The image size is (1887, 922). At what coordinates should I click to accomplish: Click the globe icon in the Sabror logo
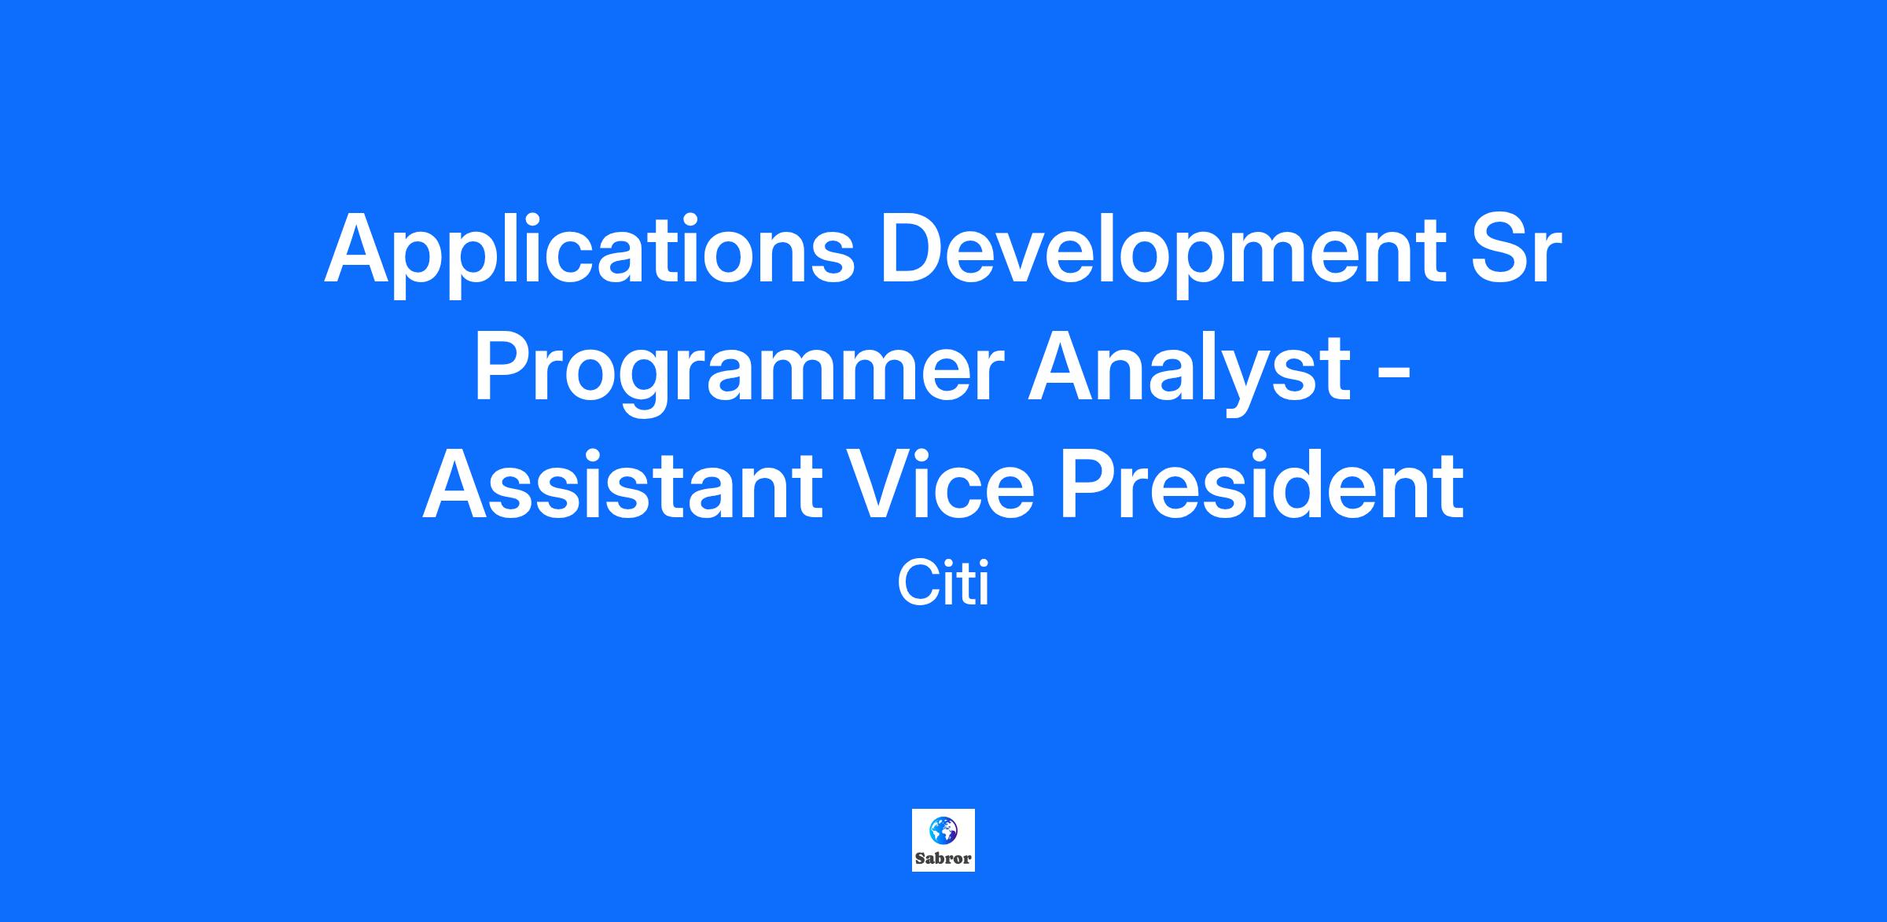tap(943, 829)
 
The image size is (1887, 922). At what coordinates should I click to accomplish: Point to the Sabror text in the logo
tap(943, 858)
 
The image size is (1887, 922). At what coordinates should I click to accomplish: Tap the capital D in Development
tap(913, 247)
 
